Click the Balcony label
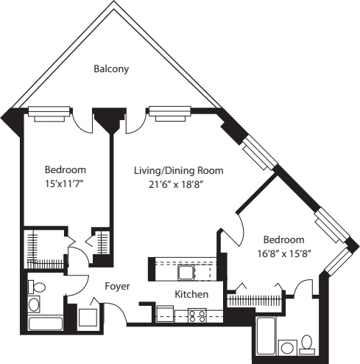tap(111, 69)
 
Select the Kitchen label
tap(191, 295)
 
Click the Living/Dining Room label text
tap(178, 170)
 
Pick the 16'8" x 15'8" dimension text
tap(284, 254)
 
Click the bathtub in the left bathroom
tap(45, 322)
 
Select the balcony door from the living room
tap(135, 122)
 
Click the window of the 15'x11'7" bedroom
tap(49, 112)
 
